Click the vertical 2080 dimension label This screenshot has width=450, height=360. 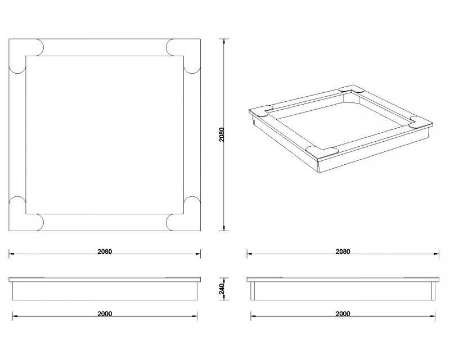coord(222,134)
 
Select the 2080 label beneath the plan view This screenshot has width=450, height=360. coord(105,251)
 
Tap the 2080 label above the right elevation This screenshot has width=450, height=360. coord(343,251)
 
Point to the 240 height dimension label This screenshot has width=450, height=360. coord(222,289)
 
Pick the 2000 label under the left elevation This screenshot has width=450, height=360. coord(105,314)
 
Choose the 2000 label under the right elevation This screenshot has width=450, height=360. coord(343,314)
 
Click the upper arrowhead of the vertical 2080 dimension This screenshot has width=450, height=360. coord(224,41)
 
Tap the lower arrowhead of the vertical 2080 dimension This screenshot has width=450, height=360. coord(224,228)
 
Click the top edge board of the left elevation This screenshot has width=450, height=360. coord(105,280)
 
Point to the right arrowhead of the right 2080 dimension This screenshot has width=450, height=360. coord(436,254)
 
